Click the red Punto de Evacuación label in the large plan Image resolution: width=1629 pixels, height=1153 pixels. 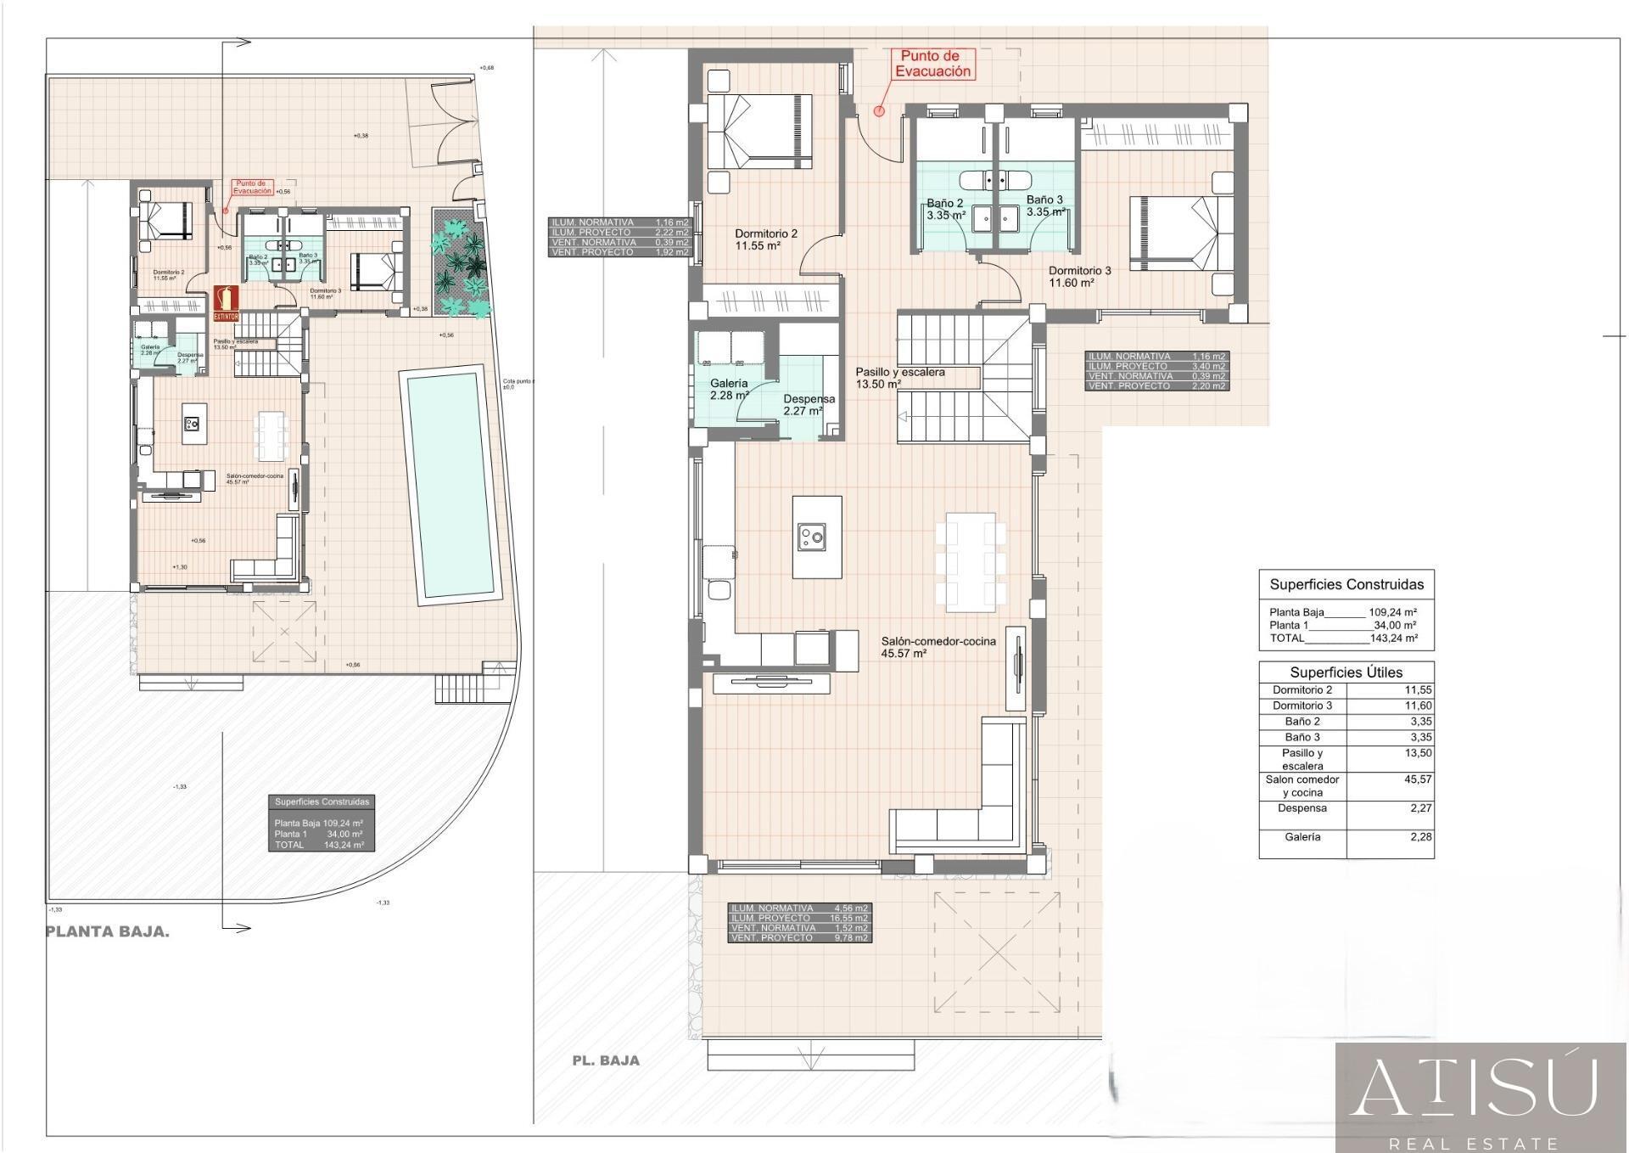coord(932,65)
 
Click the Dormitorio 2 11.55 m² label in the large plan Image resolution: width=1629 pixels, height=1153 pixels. coord(765,239)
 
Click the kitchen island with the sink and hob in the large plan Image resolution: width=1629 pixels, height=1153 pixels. coord(816,537)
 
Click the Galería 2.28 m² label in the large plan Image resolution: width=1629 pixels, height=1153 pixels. coord(729,389)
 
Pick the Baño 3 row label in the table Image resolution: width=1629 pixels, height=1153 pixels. coord(1302,737)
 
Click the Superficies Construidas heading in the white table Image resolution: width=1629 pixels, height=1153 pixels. coord(1346,584)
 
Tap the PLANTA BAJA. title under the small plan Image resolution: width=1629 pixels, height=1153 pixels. coord(107,931)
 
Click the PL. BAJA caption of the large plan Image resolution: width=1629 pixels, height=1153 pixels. coord(605,1060)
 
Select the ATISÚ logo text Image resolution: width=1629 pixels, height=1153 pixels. coord(1475,1089)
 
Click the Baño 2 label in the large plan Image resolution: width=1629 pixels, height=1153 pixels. coord(944,209)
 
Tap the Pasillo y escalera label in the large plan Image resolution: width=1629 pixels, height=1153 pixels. coord(899,377)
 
